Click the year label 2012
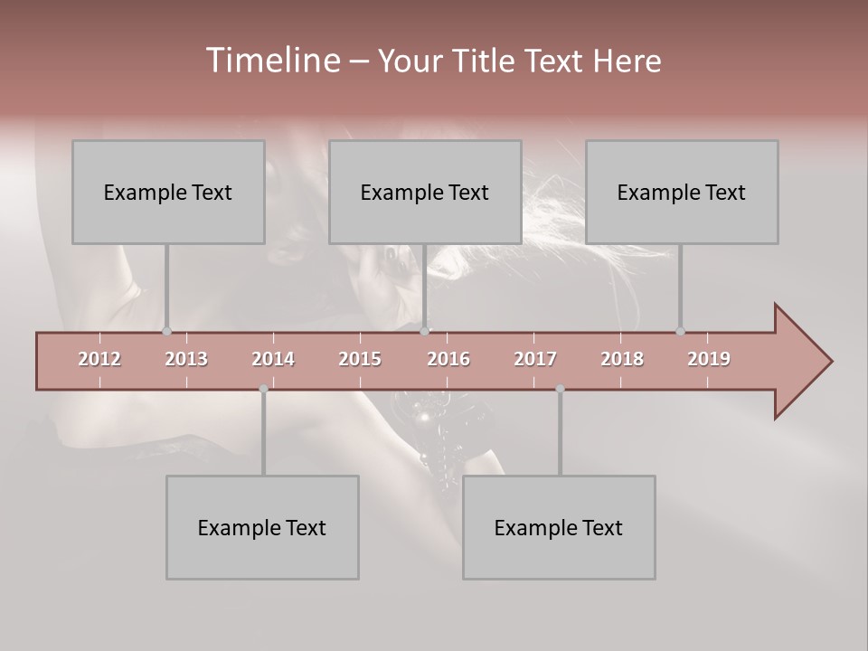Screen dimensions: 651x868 pyautogui.click(x=99, y=359)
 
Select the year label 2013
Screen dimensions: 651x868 pyautogui.click(x=186, y=359)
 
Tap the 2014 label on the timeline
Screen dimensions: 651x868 pyautogui.click(x=273, y=359)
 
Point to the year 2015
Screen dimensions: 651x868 pyautogui.click(x=360, y=359)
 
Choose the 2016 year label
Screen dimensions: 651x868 pyautogui.click(x=448, y=359)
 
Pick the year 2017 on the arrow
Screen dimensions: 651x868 pyautogui.click(x=535, y=359)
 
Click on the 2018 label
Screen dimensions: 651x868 pyautogui.click(x=622, y=359)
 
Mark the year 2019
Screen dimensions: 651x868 pyautogui.click(x=709, y=359)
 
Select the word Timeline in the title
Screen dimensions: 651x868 pyautogui.click(x=272, y=61)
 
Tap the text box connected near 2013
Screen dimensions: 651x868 pyautogui.click(x=168, y=192)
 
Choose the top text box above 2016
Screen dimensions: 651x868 pyautogui.click(x=425, y=192)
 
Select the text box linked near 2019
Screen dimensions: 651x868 pyautogui.click(x=682, y=192)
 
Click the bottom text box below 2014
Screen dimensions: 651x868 pyautogui.click(x=262, y=527)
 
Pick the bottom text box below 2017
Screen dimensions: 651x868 pyautogui.click(x=559, y=527)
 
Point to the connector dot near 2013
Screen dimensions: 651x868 pyautogui.click(x=166, y=332)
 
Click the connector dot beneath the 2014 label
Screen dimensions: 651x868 pyautogui.click(x=263, y=389)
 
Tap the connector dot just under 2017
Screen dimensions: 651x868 pyautogui.click(x=560, y=389)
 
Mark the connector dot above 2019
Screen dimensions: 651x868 pyautogui.click(x=680, y=332)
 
